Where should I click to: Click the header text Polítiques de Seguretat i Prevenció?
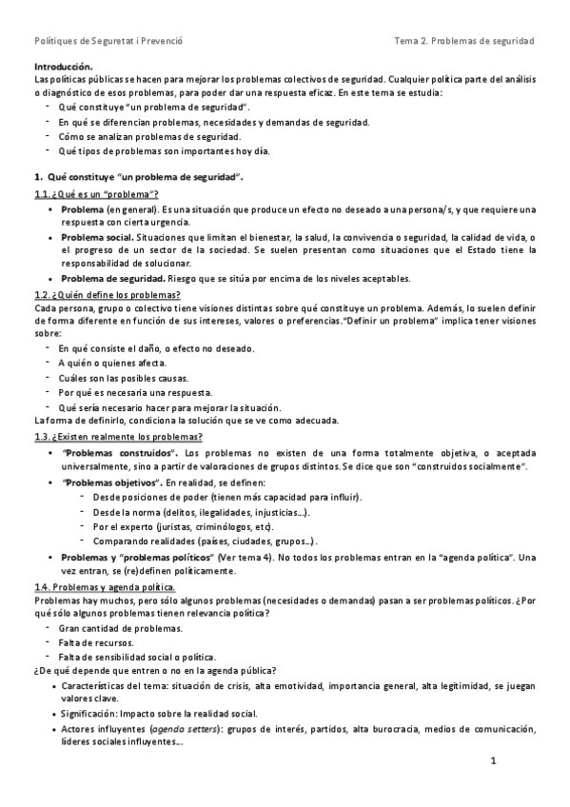pyautogui.click(x=108, y=41)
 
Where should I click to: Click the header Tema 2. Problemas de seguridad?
pyautogui.click(x=464, y=41)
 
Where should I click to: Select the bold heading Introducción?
pyautogui.click(x=63, y=67)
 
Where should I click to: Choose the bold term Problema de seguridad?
pyautogui.click(x=112, y=278)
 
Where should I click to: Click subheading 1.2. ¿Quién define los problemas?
pyautogui.click(x=107, y=295)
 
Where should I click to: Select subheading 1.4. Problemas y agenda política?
pyautogui.click(x=104, y=588)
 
